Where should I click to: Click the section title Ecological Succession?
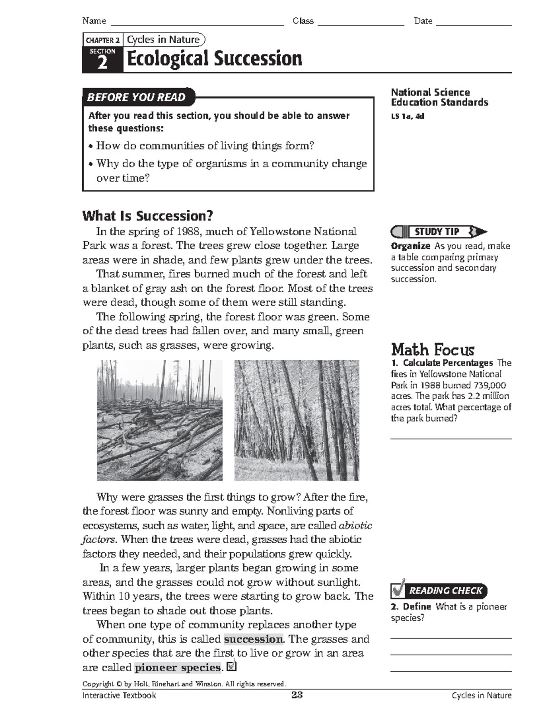click(214, 59)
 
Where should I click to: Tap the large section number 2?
click(103, 63)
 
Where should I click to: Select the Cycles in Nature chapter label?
click(163, 40)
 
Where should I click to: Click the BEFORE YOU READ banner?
click(137, 97)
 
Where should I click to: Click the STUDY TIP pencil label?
click(436, 232)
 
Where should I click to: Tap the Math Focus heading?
click(432, 350)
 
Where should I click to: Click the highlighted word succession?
click(253, 639)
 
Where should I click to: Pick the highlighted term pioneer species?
click(178, 668)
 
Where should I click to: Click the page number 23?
click(297, 695)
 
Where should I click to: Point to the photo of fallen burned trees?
click(160, 420)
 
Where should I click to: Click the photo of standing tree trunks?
click(297, 420)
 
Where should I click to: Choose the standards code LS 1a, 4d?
click(407, 116)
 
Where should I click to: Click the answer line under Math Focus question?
click(451, 438)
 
